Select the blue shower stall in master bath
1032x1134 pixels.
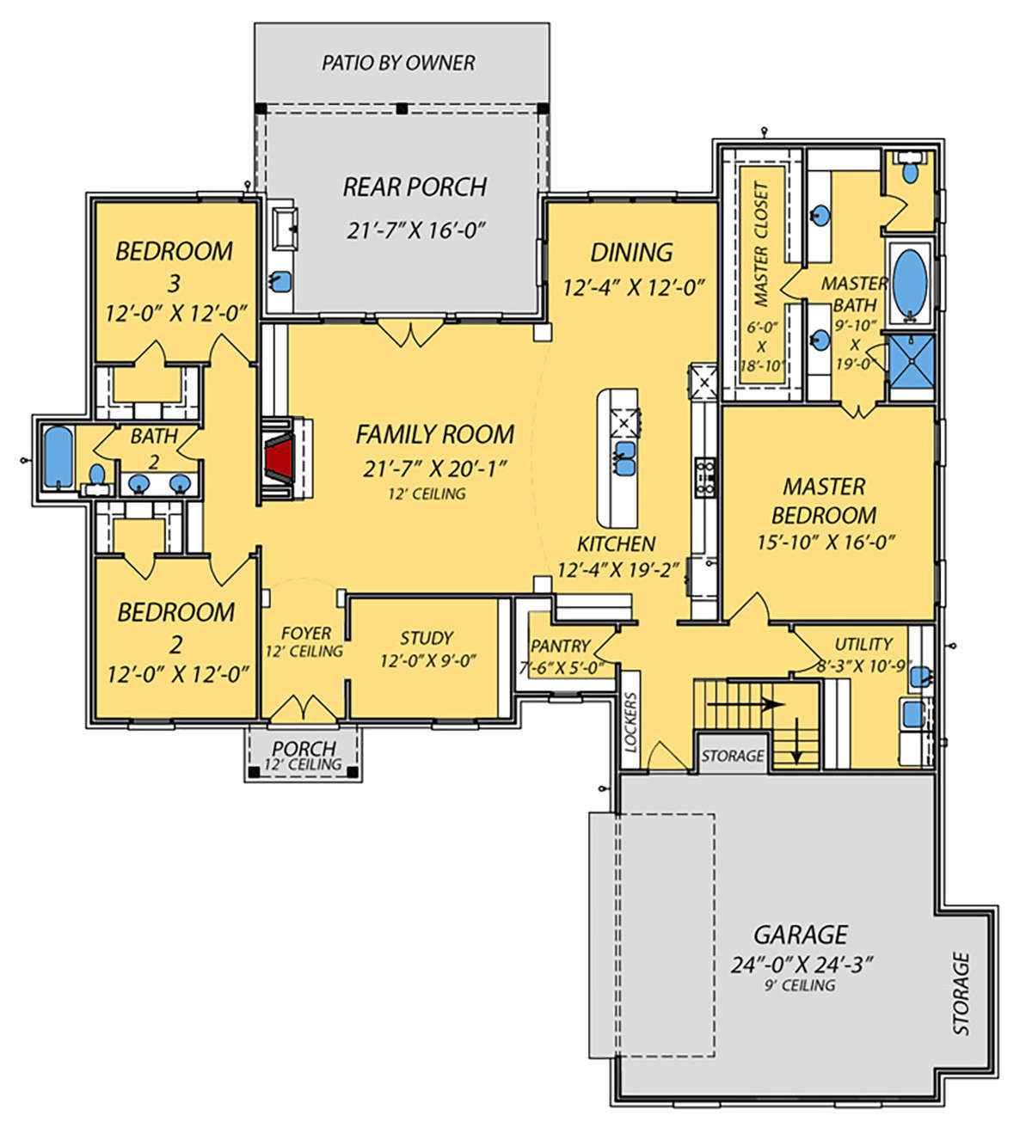coord(910,362)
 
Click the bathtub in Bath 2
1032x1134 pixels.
coord(58,457)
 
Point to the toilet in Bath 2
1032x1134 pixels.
coord(96,478)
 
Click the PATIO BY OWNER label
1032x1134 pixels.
coord(398,63)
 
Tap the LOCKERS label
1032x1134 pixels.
coord(630,722)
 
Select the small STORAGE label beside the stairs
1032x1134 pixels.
coord(733,755)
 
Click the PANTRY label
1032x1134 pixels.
coord(560,646)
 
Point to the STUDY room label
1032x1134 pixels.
coord(427,638)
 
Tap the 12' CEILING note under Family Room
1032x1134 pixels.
coord(427,493)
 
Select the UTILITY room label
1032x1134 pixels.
coord(863,644)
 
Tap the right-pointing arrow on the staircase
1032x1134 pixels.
coord(746,704)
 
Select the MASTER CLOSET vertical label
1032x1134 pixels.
coord(761,243)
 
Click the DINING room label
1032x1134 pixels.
coord(631,253)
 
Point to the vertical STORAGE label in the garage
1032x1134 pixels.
coord(961,993)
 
